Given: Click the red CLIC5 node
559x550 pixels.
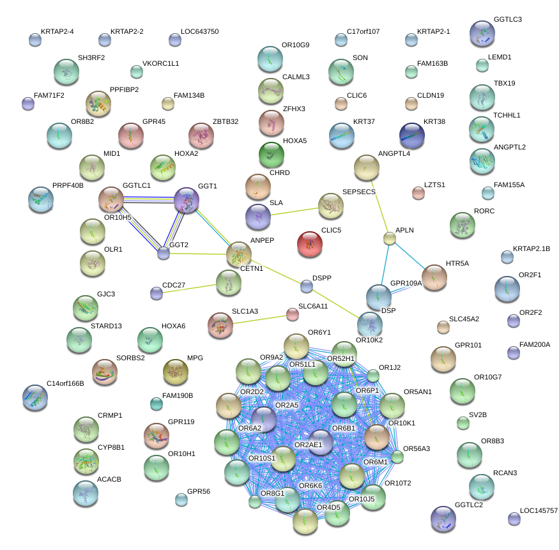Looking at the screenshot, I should point(310,244).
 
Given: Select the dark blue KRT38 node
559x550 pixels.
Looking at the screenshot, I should point(412,135).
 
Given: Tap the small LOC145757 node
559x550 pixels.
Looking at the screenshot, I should point(514,518).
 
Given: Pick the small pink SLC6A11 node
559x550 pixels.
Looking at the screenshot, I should point(292,314).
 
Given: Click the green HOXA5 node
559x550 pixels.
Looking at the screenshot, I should point(271,155).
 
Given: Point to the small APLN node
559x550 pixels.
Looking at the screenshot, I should point(390,239).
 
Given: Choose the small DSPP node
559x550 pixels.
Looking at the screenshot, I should point(307,286).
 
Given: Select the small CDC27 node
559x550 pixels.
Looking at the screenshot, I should point(157,293).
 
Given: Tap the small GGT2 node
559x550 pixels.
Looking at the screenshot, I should point(164,253).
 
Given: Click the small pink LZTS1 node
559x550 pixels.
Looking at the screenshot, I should point(418,193).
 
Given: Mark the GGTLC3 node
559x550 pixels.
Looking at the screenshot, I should point(482,33).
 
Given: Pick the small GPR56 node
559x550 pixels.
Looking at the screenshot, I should point(181,499).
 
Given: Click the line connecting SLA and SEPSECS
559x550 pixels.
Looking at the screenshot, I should point(294,211).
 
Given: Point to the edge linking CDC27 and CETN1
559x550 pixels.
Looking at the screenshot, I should point(192,288).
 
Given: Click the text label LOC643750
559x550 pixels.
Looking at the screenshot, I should point(200,31).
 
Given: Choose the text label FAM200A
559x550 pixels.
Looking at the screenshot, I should point(535,344).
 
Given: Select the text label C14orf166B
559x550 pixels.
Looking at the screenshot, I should point(70,383).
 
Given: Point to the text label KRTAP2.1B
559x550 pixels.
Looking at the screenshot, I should point(532,248).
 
